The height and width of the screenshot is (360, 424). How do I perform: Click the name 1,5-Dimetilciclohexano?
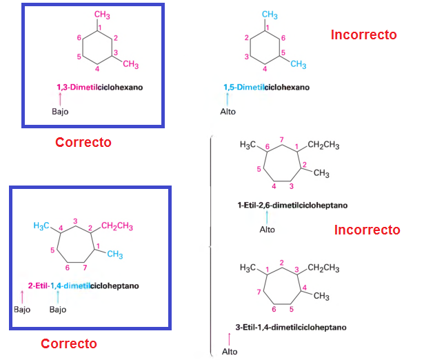pos(266,88)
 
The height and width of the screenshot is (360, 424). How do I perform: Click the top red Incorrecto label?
pos(364,34)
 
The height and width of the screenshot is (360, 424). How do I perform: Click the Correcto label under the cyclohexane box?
pos(83,143)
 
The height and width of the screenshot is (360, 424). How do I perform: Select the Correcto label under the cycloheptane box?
pos(69,343)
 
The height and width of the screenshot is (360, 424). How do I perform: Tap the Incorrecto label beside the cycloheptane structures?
pos(367,230)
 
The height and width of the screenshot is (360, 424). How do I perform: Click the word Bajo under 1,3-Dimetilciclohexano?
pos(61,112)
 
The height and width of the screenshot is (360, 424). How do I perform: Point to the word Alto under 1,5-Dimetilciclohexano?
pos(228,112)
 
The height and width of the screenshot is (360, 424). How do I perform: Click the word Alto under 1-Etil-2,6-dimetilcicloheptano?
pos(267,229)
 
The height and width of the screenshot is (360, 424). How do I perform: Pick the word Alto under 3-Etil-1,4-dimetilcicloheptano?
pos(230,352)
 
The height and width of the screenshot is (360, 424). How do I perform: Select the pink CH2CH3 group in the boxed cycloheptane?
pos(117,226)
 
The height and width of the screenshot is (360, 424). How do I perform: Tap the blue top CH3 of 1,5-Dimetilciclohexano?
pos(270,15)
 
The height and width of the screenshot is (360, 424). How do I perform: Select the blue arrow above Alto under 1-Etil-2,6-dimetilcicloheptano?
pos(267,217)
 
